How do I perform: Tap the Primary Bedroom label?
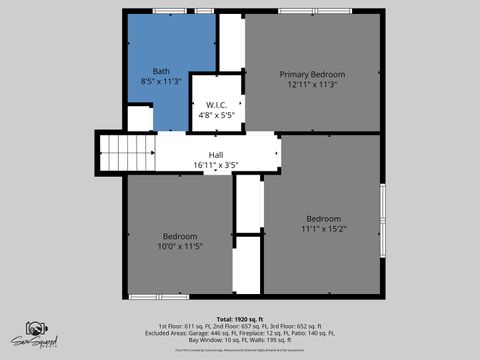tap(312, 75)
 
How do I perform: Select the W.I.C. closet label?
tap(217, 104)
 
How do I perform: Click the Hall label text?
tap(215, 155)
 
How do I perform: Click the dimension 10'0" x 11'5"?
tap(180, 246)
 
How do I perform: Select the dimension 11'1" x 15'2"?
tap(323, 229)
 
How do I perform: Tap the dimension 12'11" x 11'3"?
tap(312, 85)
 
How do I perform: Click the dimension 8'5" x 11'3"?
tap(160, 83)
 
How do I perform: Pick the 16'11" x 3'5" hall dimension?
tap(215, 165)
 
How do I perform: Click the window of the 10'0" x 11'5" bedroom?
tap(157, 296)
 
